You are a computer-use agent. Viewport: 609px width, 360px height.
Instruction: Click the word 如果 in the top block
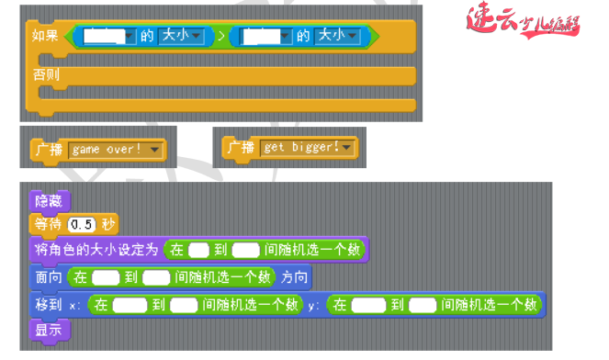(x=45, y=36)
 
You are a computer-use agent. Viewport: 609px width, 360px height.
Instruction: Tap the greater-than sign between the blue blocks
(x=220, y=36)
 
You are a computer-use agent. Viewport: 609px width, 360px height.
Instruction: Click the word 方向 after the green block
(x=296, y=276)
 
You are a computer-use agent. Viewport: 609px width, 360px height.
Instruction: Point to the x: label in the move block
(x=75, y=304)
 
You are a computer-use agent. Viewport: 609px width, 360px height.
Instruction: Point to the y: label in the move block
(x=314, y=304)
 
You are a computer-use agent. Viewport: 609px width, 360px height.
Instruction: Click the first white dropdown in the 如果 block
(x=108, y=36)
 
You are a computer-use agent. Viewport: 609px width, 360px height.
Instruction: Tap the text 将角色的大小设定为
(x=96, y=250)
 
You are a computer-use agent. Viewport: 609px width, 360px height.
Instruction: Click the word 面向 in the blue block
(x=49, y=276)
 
